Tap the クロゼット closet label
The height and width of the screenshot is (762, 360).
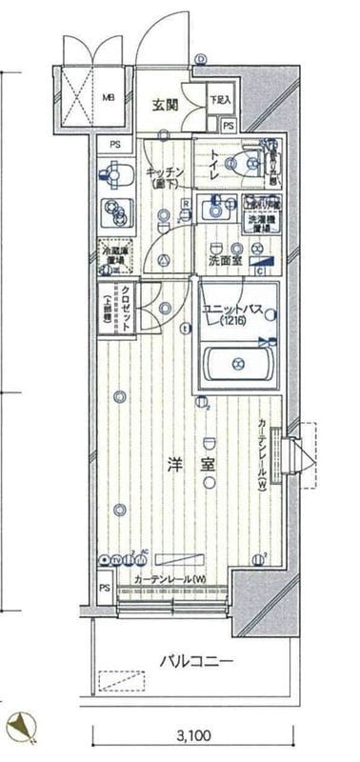point(124,309)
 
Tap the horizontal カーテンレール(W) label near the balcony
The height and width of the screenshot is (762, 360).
point(170,580)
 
